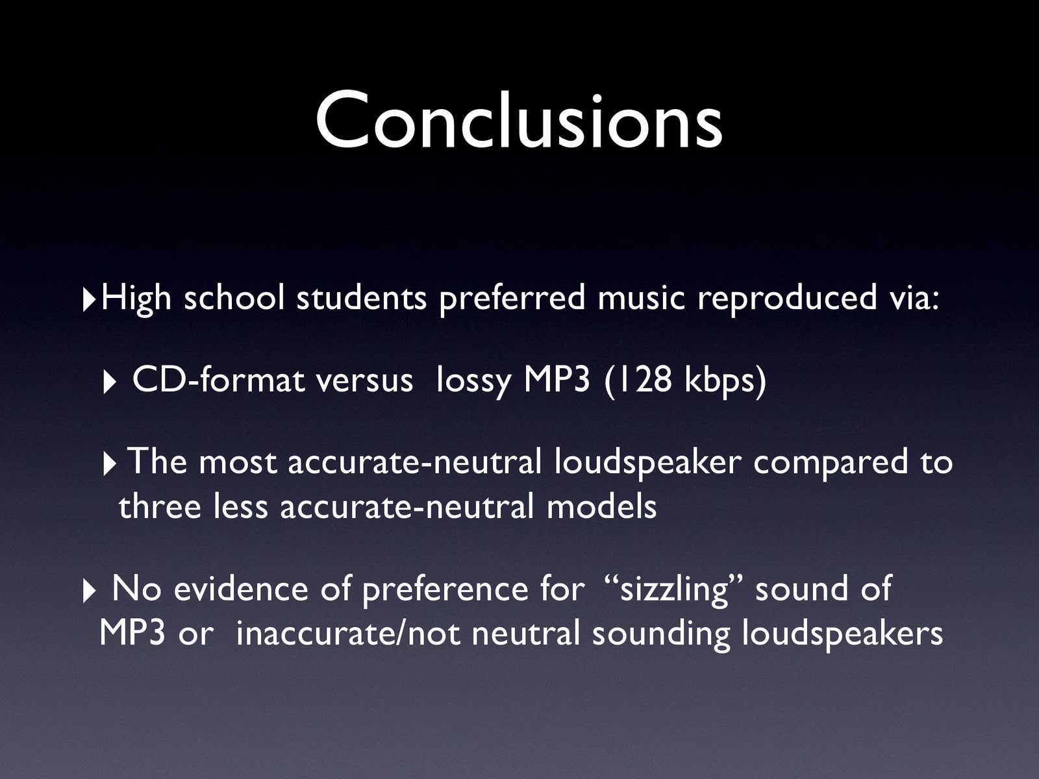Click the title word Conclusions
519,121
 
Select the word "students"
362,299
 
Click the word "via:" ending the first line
914,299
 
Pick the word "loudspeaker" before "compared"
647,463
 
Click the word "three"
160,506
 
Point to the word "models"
601,506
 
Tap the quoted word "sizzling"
674,591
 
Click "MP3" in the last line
132,634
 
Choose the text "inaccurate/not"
347,634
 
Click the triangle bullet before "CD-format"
109,383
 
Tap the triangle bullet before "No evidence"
88,593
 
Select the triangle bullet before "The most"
109,465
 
